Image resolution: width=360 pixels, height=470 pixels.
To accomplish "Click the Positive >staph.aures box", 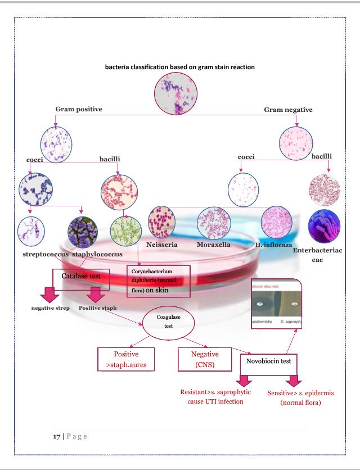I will (126, 358).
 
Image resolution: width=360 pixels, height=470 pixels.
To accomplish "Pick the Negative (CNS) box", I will (205, 358).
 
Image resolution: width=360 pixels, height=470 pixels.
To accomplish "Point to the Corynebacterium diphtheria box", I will (159, 281).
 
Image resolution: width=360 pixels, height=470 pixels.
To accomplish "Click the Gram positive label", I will (79, 109).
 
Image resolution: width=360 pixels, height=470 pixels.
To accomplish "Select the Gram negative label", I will (288, 110).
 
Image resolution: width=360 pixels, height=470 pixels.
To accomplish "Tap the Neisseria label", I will (162, 245).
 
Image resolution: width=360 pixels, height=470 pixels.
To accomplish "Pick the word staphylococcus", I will (97, 254).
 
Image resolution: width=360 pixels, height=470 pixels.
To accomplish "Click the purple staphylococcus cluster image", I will (83, 231).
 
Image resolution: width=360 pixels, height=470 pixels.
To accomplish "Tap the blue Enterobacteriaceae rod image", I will (323, 226).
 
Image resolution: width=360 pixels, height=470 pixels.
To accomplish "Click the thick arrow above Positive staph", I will (94, 295).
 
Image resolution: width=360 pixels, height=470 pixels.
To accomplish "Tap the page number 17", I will (57, 436).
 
